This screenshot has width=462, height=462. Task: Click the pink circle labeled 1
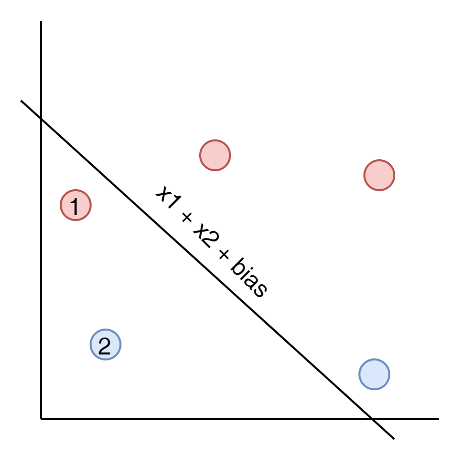tap(76, 205)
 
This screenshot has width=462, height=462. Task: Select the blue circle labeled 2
tap(106, 345)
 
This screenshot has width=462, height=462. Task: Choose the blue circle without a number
tap(374, 374)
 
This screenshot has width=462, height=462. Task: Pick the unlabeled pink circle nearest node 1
tap(215, 155)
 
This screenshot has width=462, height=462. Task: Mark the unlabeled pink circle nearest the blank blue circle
tap(379, 175)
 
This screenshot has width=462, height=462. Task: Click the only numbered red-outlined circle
tap(76, 205)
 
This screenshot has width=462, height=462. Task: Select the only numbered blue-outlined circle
tap(106, 345)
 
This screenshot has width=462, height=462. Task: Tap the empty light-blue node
tap(374, 374)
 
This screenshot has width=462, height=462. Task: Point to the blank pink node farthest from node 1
tap(379, 175)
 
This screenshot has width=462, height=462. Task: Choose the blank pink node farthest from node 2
tap(379, 175)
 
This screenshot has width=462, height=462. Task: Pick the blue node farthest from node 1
tap(374, 374)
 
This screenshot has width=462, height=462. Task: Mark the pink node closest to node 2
tap(76, 205)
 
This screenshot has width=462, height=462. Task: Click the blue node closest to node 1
tap(106, 345)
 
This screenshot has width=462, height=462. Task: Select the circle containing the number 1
tap(76, 205)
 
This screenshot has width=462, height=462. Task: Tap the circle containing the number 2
tap(106, 345)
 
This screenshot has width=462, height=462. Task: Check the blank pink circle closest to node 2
tap(215, 155)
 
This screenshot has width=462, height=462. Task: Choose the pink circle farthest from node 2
tap(379, 175)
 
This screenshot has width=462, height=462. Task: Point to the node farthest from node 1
tap(374, 374)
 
